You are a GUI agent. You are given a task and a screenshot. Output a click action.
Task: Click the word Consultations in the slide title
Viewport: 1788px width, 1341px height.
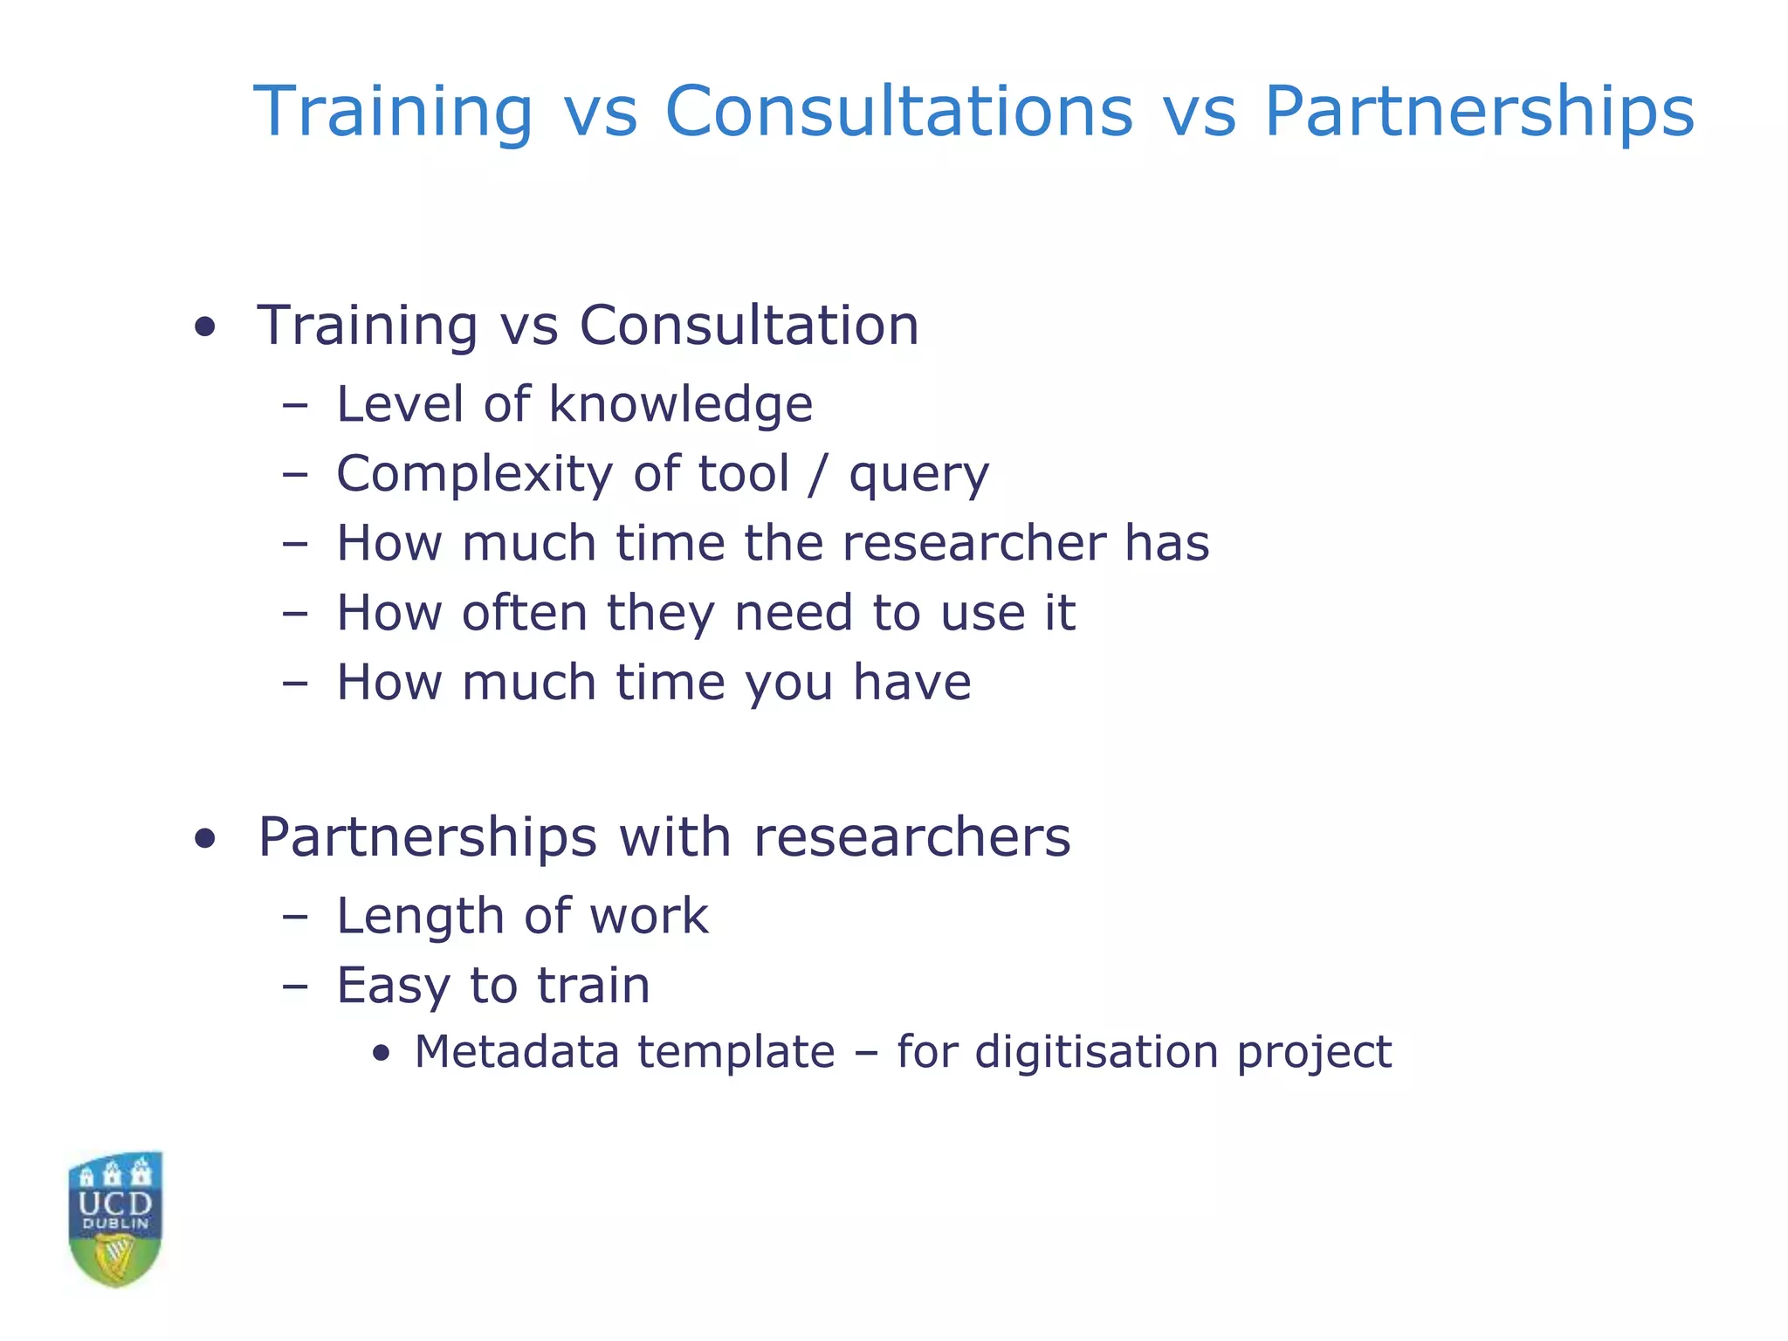tap(898, 112)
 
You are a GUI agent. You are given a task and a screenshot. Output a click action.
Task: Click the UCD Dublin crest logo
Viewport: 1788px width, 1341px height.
tap(115, 1219)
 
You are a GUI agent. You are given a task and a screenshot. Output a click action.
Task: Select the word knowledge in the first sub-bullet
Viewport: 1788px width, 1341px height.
tap(680, 405)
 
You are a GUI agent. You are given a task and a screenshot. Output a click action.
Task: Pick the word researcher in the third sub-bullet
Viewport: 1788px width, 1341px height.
tap(973, 543)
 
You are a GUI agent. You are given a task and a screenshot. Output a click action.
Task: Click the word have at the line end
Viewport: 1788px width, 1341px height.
tap(911, 682)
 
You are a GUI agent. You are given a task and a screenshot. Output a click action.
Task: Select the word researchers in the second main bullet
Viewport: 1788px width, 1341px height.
tap(911, 837)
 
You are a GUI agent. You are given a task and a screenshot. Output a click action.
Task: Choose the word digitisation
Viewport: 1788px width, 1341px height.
tap(1097, 1051)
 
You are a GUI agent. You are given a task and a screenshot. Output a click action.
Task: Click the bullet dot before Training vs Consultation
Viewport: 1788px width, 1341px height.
tap(205, 328)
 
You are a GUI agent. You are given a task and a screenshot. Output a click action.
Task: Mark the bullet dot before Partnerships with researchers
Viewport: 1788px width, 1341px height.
tap(205, 840)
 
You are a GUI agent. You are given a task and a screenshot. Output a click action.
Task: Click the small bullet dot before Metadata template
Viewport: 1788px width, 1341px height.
tap(381, 1054)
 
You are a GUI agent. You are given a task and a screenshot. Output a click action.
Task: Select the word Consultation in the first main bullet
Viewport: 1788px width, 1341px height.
tap(749, 326)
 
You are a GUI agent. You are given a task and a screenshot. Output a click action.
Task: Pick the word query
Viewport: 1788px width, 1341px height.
tap(919, 477)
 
